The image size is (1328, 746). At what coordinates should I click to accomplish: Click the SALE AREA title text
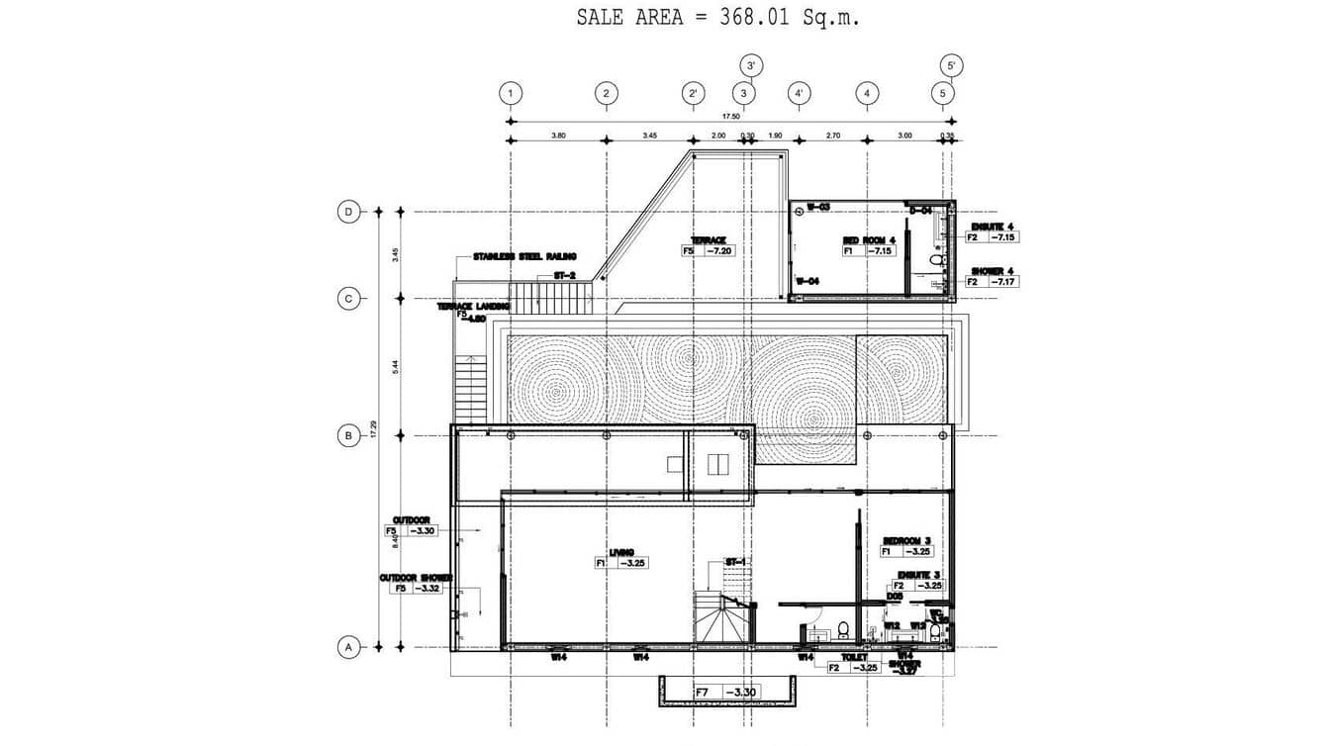click(x=717, y=18)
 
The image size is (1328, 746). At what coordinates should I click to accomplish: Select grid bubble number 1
click(x=511, y=94)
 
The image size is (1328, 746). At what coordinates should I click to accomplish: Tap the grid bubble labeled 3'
click(x=751, y=66)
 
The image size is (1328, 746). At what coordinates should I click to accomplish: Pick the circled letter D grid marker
click(x=348, y=212)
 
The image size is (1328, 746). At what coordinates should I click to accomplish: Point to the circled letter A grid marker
click(x=348, y=648)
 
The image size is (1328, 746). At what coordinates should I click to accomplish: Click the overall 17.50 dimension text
click(x=730, y=116)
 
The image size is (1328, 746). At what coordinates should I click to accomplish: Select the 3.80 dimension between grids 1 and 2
click(x=558, y=135)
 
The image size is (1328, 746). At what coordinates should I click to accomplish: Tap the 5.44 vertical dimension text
click(x=396, y=366)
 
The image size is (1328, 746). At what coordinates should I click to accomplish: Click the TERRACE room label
click(x=709, y=240)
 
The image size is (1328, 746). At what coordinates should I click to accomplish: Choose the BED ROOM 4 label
click(x=869, y=240)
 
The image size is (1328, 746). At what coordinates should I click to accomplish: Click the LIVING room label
click(x=621, y=552)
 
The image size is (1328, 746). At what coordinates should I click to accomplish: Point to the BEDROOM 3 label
click(x=906, y=540)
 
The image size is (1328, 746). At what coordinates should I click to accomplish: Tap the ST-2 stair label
click(x=564, y=276)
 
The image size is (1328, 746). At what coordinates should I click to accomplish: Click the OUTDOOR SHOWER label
click(x=416, y=578)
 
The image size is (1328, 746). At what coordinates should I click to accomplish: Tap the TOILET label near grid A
click(x=854, y=657)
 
